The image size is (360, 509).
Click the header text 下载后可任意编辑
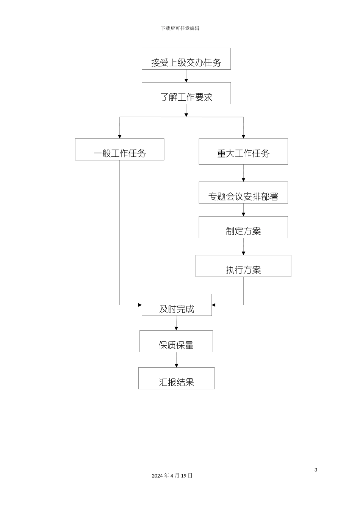click(x=180, y=28)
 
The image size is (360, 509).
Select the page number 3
click(x=316, y=470)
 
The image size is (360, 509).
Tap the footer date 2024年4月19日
click(x=172, y=476)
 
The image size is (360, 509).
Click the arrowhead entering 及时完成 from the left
click(x=140, y=305)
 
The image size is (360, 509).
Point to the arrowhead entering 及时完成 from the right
click(x=214, y=305)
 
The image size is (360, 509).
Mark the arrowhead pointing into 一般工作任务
click(x=120, y=136)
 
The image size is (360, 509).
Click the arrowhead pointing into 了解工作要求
click(x=186, y=80)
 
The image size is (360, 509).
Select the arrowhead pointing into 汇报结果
click(x=176, y=365)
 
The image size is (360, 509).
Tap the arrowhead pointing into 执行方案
click(x=243, y=253)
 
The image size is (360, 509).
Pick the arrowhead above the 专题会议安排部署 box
click(x=243, y=180)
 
